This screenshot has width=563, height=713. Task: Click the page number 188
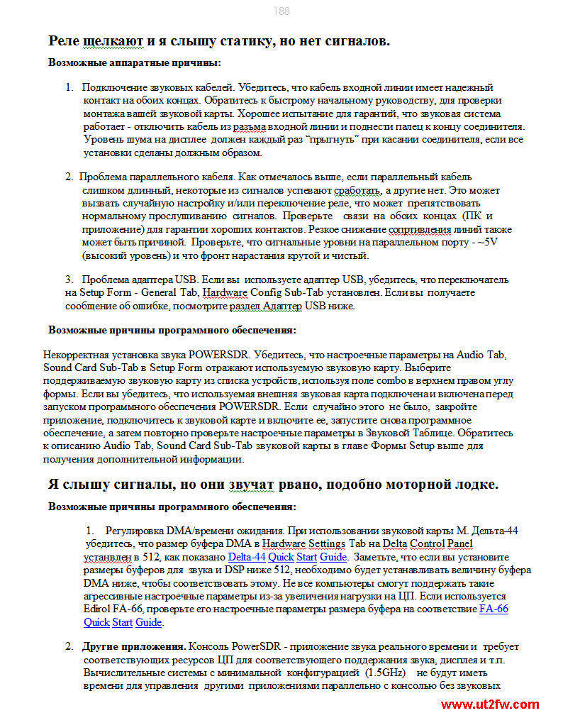[x=281, y=11]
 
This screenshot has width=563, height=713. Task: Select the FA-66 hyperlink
[x=494, y=609]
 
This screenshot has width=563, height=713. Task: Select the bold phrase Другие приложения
[x=134, y=646]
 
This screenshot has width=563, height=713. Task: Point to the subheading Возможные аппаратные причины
[x=134, y=62]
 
